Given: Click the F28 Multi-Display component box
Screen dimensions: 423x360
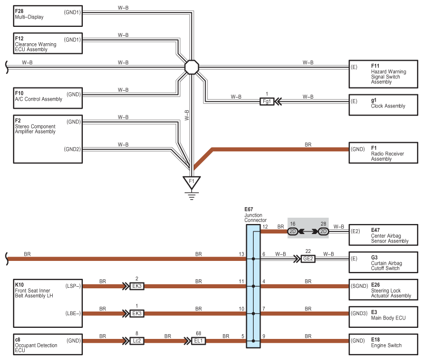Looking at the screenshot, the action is point(48,16).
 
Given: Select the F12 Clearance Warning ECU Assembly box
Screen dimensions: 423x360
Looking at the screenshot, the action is point(48,43).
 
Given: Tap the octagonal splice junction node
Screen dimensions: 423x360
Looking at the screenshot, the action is point(191,67).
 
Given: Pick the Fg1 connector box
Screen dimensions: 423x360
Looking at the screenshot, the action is point(266,101).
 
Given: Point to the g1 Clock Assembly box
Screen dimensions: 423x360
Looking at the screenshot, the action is point(383,105).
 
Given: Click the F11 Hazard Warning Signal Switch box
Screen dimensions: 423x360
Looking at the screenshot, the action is point(383,74).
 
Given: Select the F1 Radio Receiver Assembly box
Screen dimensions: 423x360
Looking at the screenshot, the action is point(383,153).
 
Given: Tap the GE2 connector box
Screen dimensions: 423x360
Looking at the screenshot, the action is point(308,259).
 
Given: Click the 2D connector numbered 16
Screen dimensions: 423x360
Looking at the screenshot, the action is point(293,231).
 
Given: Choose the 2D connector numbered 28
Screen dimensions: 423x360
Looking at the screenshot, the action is point(323,231).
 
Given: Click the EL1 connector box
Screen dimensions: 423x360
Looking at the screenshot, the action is point(198,341).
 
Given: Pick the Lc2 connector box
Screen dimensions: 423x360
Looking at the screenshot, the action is point(137,341).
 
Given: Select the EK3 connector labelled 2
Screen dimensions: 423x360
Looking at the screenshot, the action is point(137,286).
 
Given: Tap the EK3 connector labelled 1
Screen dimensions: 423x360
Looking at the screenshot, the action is point(137,313).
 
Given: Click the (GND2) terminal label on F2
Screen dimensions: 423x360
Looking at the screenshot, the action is point(72,149).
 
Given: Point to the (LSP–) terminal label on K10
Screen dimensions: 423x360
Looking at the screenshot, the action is point(73,286).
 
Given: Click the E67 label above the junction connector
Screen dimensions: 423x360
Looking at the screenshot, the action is point(249,209).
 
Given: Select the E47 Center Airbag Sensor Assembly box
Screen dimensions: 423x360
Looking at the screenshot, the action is point(383,235).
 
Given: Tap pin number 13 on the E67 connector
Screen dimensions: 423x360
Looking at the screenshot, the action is point(242,254).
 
